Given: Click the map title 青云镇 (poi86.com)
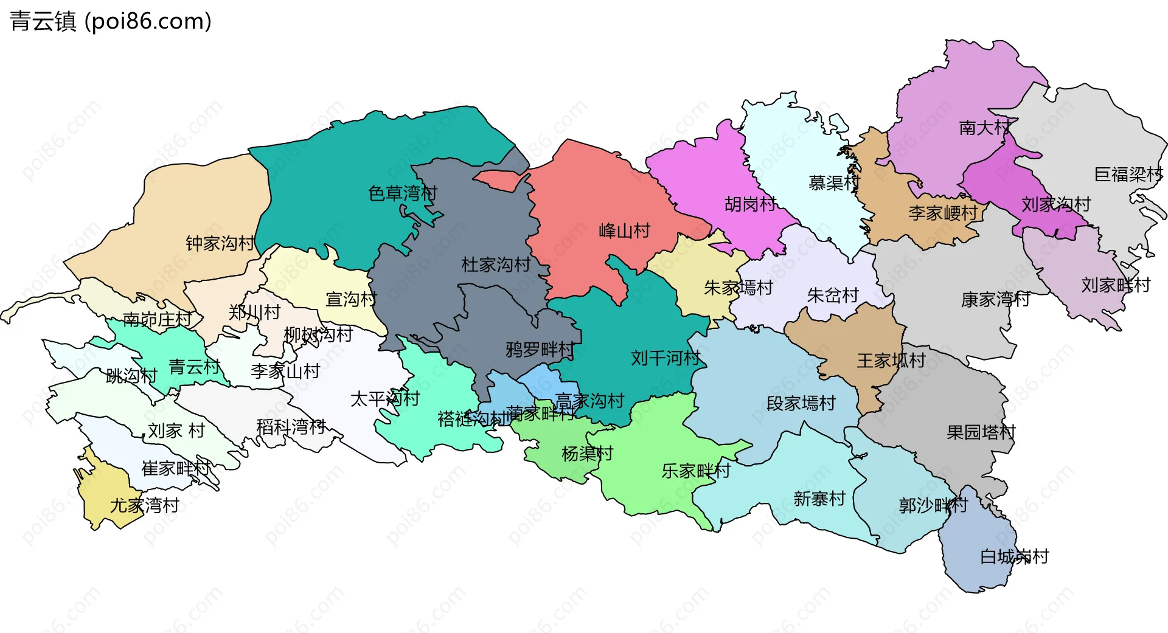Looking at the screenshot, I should (x=111, y=21).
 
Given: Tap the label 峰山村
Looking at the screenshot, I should (x=624, y=231).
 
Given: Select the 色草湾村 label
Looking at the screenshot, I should (x=403, y=193).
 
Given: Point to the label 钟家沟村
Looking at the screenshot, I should (x=220, y=244).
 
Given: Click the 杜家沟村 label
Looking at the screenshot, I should (x=496, y=265).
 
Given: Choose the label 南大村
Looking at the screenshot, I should (x=984, y=128).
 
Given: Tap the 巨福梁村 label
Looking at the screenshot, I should (x=1128, y=175).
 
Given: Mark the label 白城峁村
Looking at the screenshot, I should (x=1014, y=556).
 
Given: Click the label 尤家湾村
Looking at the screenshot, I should (x=145, y=505).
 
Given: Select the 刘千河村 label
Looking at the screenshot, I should (x=665, y=358).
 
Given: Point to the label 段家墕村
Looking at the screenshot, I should (x=801, y=403).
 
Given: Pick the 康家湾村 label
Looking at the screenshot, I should (x=995, y=299).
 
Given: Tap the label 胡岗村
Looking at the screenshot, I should (x=750, y=204).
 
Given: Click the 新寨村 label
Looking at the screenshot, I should (x=819, y=499).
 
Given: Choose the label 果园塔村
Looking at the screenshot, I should (x=981, y=432).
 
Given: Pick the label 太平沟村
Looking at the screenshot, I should (x=384, y=399).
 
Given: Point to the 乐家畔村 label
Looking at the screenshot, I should (x=695, y=471).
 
